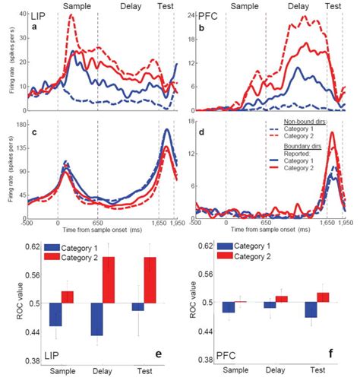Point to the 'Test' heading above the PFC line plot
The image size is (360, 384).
[333, 5]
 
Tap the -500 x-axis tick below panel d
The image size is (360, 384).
[196, 226]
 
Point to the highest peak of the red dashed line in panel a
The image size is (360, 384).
[72, 15]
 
